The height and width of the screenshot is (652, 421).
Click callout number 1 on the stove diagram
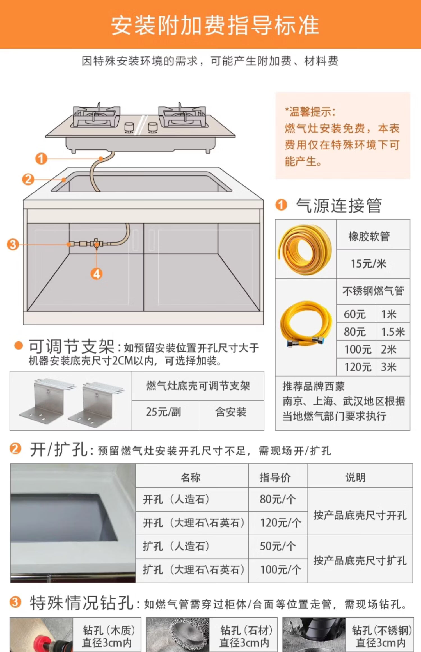(41, 159)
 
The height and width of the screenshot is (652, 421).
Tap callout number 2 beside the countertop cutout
(28, 179)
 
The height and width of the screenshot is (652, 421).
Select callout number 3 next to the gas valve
(13, 244)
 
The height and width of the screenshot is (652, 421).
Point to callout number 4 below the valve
(97, 274)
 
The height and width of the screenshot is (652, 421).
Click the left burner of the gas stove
(96, 116)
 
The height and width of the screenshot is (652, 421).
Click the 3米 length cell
(393, 367)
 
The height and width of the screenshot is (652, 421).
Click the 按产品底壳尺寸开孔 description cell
(360, 516)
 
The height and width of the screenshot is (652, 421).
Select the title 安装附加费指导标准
(215, 25)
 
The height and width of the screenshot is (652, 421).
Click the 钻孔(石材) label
(246, 630)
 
